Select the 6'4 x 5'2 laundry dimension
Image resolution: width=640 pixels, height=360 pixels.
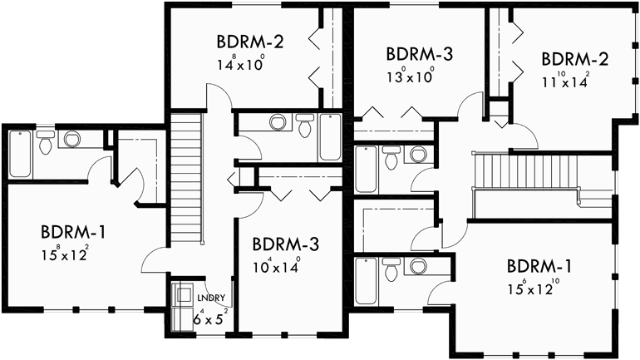coord(210,316)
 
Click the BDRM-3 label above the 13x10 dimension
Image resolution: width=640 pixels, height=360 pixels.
coord(419,55)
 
